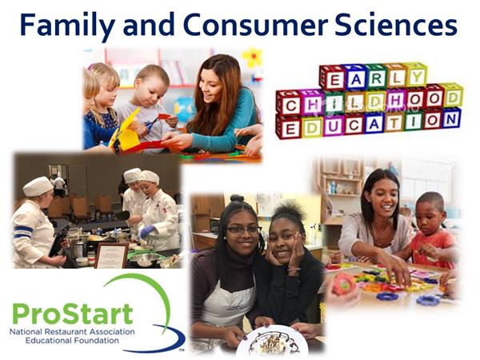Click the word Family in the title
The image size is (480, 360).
point(68,25)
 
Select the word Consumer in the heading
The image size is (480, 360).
point(256,25)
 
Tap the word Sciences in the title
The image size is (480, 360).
point(396,25)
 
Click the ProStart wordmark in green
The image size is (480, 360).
point(73,314)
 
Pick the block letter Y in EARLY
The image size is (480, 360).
point(418,76)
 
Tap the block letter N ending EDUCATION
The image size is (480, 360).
point(451,118)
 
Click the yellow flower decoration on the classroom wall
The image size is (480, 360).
point(253,58)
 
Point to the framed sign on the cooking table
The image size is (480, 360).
point(111,255)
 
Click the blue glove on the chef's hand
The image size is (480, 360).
point(146,231)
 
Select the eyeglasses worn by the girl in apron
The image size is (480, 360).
point(244,230)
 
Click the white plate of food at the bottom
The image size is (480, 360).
point(272,341)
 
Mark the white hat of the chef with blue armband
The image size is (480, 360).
point(38,186)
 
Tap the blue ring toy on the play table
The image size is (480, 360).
point(386,296)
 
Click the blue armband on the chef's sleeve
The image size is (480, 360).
point(23,230)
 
